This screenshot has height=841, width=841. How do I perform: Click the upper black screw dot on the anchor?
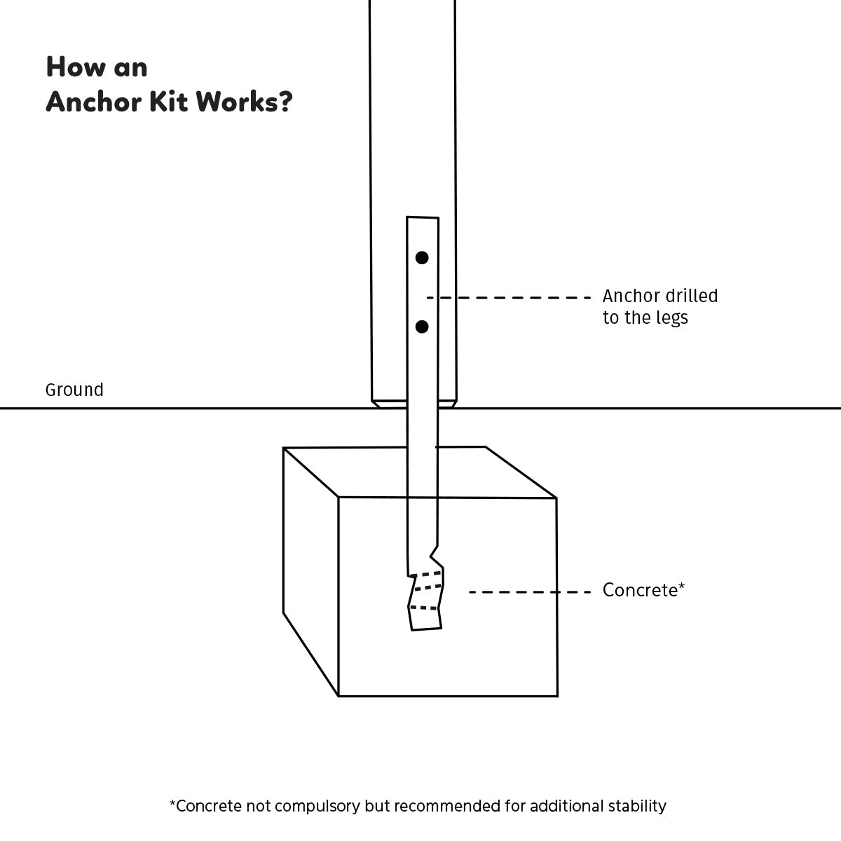422,258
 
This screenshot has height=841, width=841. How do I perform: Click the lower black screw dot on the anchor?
422,327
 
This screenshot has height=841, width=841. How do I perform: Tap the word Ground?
74,390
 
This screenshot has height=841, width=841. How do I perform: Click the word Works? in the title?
244,102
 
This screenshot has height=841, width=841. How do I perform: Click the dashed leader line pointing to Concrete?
530,592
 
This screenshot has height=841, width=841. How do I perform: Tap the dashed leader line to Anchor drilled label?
509,298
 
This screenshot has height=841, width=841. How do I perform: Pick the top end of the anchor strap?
423,220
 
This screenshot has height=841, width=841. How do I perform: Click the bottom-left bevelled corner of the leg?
376,404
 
